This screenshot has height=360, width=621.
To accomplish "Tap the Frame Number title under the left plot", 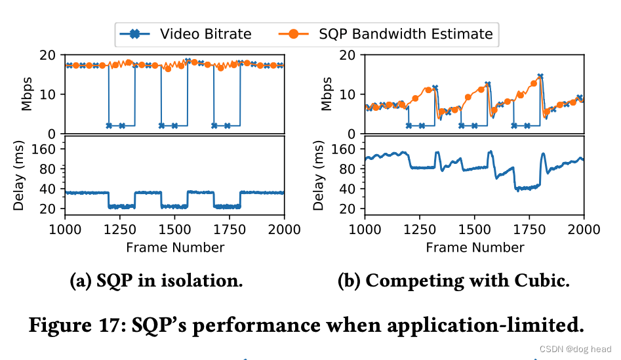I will click(175, 247).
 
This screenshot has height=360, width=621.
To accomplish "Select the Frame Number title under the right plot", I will click(475, 247).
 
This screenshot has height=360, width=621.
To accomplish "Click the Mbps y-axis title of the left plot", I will click(28, 94).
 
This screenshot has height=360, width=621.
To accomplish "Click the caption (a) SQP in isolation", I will click(156, 281).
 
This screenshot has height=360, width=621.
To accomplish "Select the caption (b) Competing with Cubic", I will click(453, 281).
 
